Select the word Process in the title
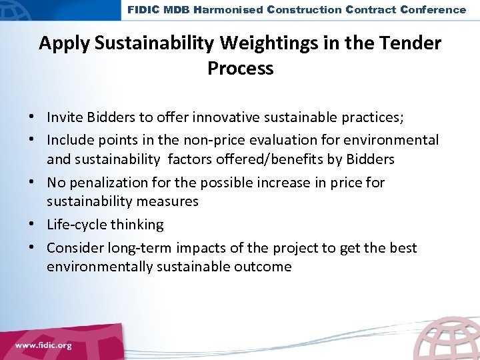[x=241, y=68]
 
